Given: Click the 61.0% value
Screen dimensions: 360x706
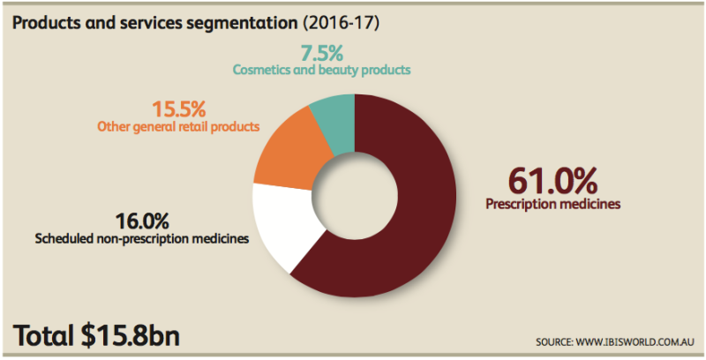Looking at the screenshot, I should pyautogui.click(x=553, y=181).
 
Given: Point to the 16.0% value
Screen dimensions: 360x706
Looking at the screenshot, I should pyautogui.click(x=143, y=220).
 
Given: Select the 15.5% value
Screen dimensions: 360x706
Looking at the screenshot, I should pyautogui.click(x=178, y=110).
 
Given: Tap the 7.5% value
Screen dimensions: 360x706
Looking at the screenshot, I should pyautogui.click(x=322, y=50).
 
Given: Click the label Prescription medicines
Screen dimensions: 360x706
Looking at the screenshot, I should pyautogui.click(x=553, y=205).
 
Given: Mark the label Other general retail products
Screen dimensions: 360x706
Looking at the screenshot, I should pyautogui.click(x=177, y=128).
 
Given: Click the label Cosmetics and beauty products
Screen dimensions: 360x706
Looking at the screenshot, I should pyautogui.click(x=322, y=68).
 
